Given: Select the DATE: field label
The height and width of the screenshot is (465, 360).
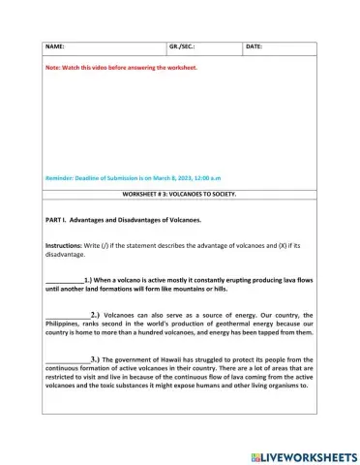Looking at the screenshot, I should pyautogui.click(x=255, y=46).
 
